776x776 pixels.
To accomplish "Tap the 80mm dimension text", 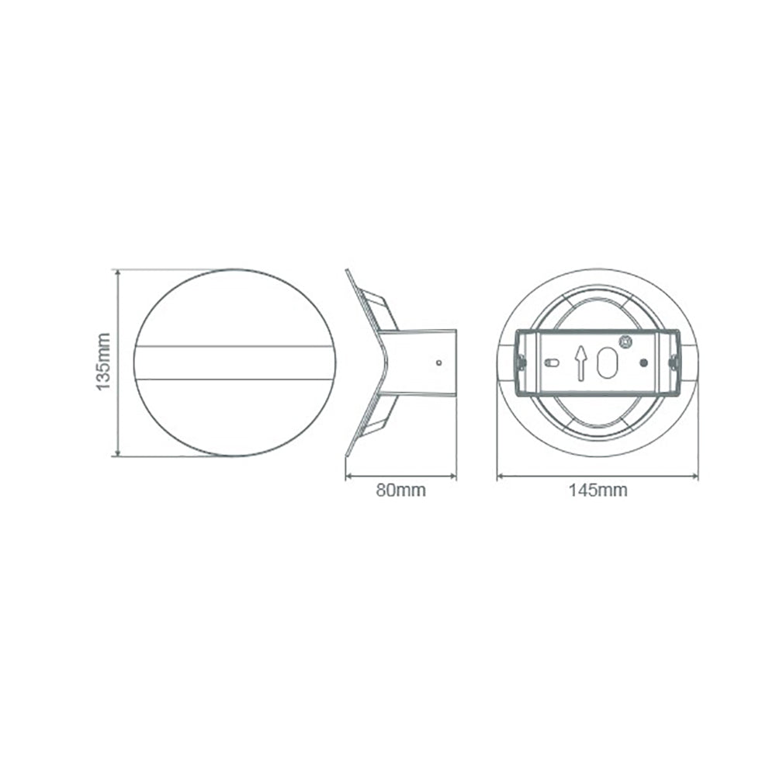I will click(x=400, y=490).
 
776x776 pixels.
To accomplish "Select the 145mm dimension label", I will click(x=598, y=490).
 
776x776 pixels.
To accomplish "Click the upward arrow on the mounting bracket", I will click(x=580, y=362).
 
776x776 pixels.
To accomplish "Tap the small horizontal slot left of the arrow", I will click(x=552, y=362).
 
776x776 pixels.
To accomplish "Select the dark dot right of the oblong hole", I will click(x=643, y=362).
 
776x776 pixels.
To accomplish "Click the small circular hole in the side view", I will click(x=439, y=362).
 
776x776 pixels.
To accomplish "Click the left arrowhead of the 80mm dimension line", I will click(x=348, y=476).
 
